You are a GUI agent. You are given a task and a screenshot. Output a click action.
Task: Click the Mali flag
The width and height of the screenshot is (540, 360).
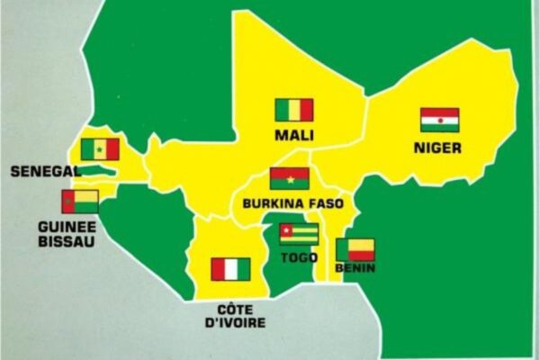[x=293, y=111]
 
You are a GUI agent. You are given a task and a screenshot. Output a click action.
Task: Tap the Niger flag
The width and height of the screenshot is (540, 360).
[x=439, y=120]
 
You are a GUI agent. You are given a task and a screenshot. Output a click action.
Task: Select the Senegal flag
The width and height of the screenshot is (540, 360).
[x=100, y=149]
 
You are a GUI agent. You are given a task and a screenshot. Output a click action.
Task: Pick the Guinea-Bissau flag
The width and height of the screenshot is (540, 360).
[x=80, y=202]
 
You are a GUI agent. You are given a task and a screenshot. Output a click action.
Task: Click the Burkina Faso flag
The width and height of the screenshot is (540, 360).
[x=289, y=178]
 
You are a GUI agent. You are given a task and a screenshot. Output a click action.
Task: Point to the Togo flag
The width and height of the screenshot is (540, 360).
[x=298, y=235]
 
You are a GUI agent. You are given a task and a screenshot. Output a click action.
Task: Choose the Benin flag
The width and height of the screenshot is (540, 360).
[x=355, y=249]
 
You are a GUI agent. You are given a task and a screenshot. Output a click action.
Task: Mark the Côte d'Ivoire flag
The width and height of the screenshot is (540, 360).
[x=230, y=269]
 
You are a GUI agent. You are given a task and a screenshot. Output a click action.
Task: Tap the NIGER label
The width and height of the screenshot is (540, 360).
[x=438, y=147]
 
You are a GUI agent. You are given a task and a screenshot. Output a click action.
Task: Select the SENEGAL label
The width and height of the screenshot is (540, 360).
[x=42, y=170]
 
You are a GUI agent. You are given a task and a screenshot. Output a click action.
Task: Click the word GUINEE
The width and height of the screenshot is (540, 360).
[x=67, y=227]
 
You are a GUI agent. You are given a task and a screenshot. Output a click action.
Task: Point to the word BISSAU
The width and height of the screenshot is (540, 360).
[x=67, y=241]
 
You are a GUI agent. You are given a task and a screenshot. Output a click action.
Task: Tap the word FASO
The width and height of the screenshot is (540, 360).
[x=325, y=204]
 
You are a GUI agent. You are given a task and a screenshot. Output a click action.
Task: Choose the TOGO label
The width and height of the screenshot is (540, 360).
[x=299, y=257]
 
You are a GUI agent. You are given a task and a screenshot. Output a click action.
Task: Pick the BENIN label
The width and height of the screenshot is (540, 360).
[x=355, y=268]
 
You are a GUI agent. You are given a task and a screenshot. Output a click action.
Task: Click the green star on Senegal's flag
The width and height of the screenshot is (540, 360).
[x=100, y=149]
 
